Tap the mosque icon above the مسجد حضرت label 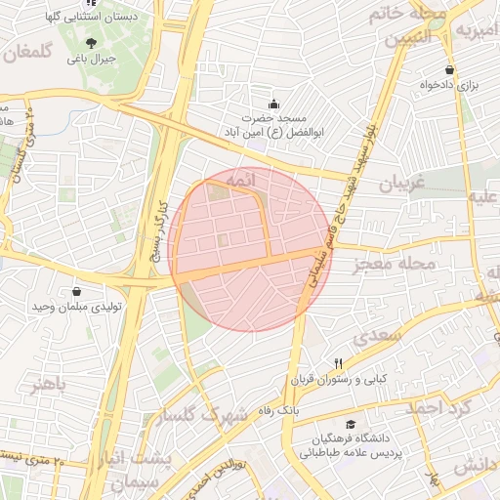(272, 104)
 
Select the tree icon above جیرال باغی (91, 42)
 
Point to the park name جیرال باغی (91, 59)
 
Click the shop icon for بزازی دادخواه (449, 70)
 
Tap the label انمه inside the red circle (239, 182)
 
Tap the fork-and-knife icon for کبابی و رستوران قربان (338, 361)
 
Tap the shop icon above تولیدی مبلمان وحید (76, 291)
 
